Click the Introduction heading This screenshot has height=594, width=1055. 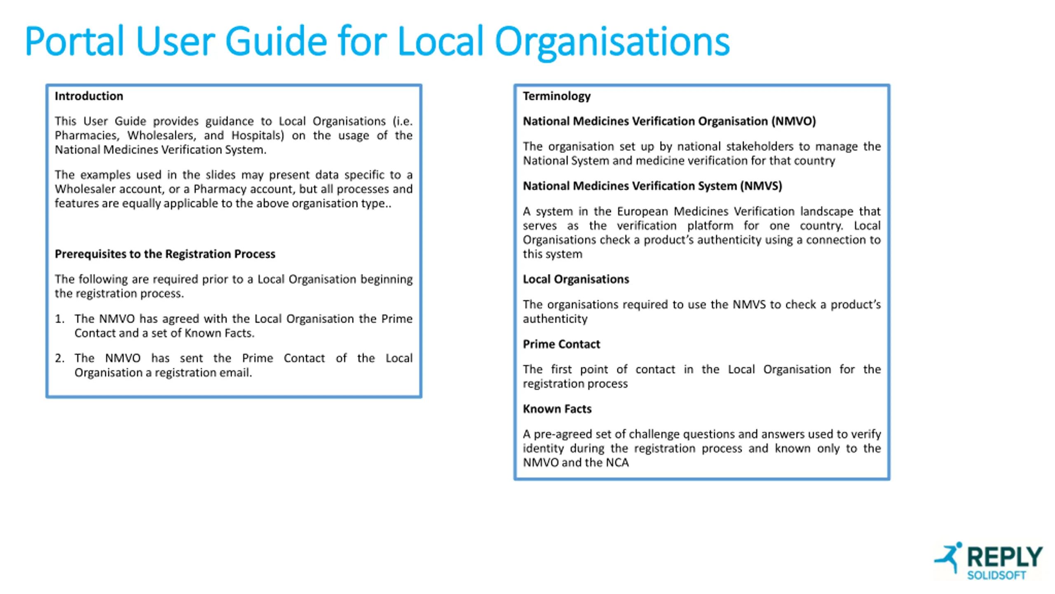pos(89,96)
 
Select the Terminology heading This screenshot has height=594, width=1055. pos(556,96)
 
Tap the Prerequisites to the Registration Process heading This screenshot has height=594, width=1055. pos(165,254)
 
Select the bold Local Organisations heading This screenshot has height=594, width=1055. pos(576,279)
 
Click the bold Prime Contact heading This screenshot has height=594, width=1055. pos(561,344)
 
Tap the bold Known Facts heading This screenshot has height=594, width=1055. pos(557,409)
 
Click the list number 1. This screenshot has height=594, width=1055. pos(60,319)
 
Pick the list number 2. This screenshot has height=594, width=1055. pos(60,358)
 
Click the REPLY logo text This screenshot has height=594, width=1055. pos(1004,557)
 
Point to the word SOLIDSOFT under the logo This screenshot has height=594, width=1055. pos(996,575)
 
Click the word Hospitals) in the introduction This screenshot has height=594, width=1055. pos(258,136)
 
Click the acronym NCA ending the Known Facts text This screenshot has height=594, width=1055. pos(617,463)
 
